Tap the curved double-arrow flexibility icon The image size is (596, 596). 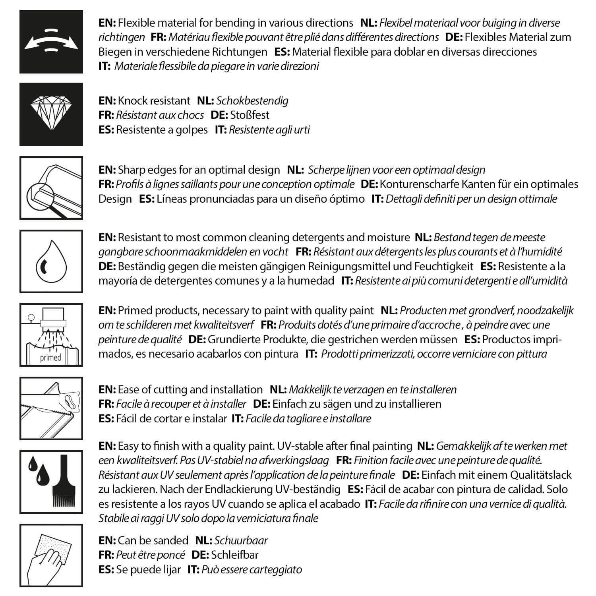click(x=51, y=41)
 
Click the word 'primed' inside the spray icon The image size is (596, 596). click(x=50, y=358)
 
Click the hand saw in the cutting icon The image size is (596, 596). click(x=68, y=399)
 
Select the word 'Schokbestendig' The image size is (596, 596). click(x=252, y=101)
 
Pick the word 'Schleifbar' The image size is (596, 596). click(x=235, y=555)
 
